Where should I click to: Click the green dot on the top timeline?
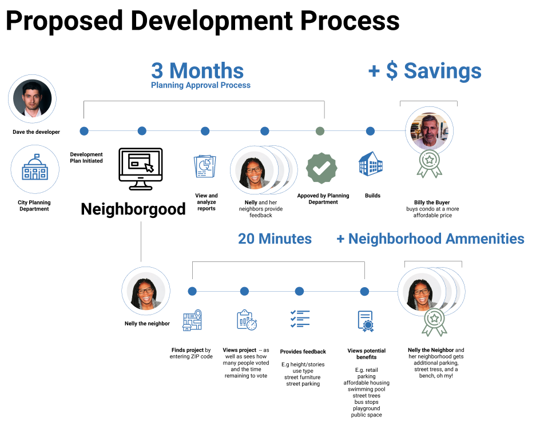click(320, 131)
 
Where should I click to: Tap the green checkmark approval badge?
click(321, 168)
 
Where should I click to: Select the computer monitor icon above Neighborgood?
click(141, 169)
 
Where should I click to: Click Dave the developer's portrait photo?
click(33, 99)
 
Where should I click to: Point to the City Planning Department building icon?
click(35, 167)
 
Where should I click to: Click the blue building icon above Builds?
click(371, 164)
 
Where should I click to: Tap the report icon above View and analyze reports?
click(205, 166)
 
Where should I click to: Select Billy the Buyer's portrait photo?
click(430, 131)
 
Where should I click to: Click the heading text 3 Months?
click(197, 71)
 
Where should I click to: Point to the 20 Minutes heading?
click(275, 239)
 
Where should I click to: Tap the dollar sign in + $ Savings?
click(392, 71)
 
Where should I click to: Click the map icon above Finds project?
click(192, 320)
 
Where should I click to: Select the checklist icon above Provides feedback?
click(300, 319)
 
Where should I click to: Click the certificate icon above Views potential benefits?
click(366, 321)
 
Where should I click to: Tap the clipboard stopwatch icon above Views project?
click(247, 320)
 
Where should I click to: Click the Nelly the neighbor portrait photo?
click(146, 291)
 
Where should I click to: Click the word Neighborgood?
click(133, 209)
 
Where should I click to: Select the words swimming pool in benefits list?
click(367, 389)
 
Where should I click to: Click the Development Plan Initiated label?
click(86, 158)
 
